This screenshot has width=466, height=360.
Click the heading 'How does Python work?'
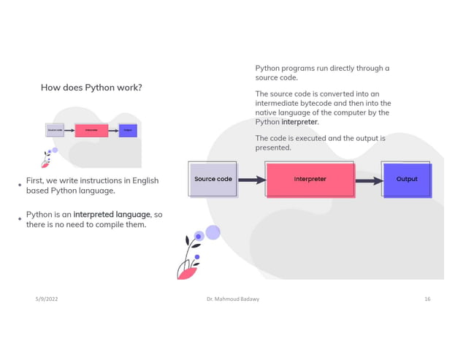[x=91, y=88]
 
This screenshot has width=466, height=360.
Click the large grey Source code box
[x=213, y=179]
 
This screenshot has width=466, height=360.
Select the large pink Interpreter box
[x=310, y=179]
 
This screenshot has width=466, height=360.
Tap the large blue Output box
[x=407, y=179]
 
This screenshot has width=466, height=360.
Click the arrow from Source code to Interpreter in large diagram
[x=250, y=179]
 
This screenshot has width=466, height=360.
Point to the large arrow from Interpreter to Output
[x=370, y=179]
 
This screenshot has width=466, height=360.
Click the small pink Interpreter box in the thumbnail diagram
[x=91, y=131]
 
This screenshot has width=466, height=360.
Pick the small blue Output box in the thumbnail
[x=127, y=131]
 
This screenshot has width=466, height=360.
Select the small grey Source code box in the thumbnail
[x=55, y=131]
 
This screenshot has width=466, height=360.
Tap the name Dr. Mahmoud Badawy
[x=233, y=300]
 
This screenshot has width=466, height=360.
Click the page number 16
[x=427, y=300]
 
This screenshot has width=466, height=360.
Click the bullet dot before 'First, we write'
[x=20, y=185]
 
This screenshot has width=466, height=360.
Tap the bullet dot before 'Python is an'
[x=20, y=218]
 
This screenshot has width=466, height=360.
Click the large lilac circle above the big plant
[x=213, y=232]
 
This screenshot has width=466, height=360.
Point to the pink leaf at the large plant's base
[x=188, y=272]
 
